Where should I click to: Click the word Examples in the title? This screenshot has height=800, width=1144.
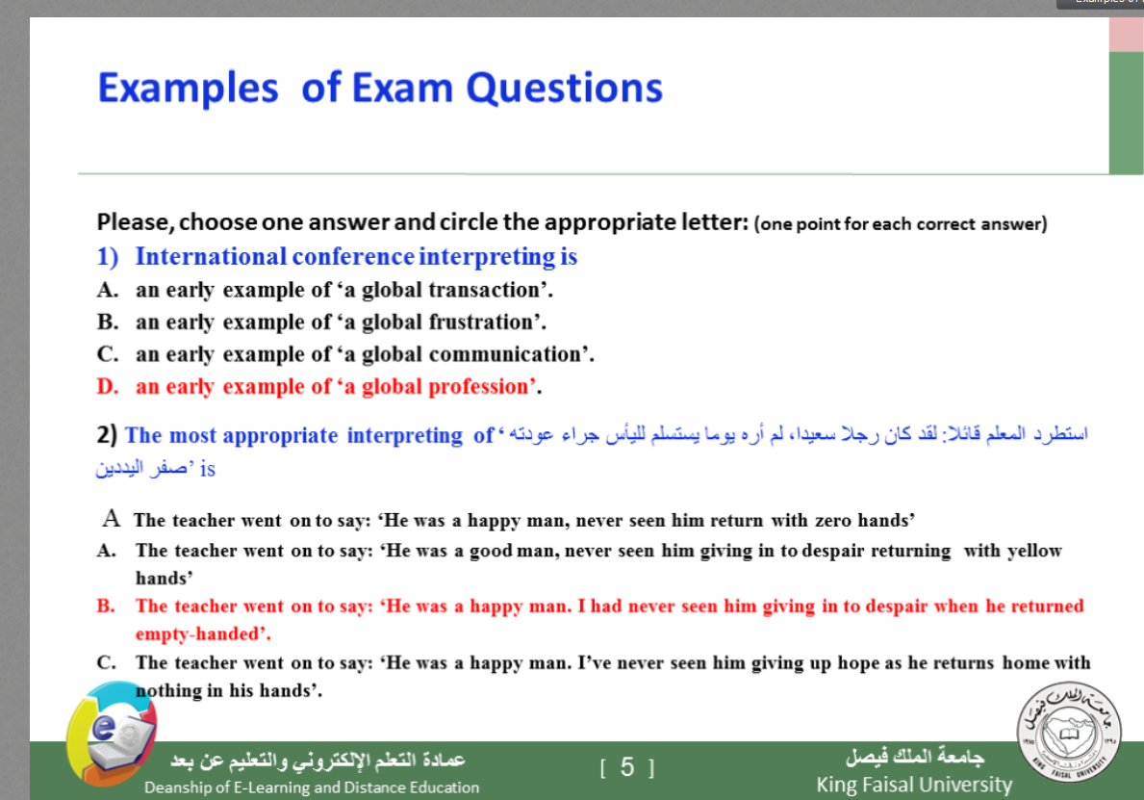[189, 90]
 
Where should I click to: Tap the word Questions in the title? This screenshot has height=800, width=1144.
[564, 90]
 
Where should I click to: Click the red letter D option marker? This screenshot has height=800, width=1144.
[107, 387]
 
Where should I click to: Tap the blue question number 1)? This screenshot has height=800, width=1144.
[107, 257]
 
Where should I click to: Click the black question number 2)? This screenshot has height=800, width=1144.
[107, 435]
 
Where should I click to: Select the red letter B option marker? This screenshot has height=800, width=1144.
[106, 606]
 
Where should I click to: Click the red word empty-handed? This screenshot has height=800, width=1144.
[197, 634]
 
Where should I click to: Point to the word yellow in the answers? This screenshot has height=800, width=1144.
[1033, 551]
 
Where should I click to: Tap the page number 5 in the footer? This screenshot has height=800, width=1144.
[627, 767]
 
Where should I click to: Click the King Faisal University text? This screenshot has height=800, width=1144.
[914, 785]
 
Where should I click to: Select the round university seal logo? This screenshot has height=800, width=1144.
[1069, 733]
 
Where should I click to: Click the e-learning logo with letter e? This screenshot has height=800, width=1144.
[111, 733]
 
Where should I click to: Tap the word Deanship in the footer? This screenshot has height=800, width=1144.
[173, 787]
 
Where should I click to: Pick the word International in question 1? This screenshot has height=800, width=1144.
[211, 257]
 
